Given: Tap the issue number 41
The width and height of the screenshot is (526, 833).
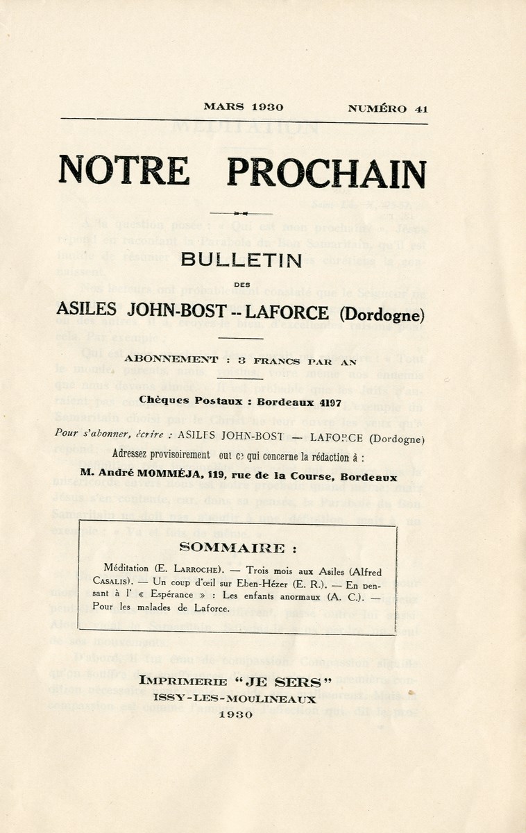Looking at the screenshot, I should [421, 108].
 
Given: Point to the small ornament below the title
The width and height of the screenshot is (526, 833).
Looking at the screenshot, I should [241, 212].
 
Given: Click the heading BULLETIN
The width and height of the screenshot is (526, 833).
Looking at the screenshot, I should [241, 260].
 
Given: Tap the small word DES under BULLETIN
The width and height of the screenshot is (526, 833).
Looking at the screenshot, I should [241, 284].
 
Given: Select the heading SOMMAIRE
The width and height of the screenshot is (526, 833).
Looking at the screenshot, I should [232, 548].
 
